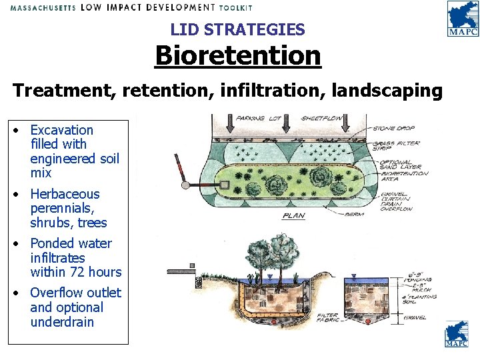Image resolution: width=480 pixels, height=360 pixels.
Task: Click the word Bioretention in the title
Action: [238, 55]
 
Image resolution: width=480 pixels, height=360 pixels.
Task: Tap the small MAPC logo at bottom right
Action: [457, 335]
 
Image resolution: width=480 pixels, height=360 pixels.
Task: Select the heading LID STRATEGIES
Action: [237, 29]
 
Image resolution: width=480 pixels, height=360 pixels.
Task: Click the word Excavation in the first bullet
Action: [62, 130]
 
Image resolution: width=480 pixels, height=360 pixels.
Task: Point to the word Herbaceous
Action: [65, 194]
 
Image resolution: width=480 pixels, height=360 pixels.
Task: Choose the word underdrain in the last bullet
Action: [62, 322]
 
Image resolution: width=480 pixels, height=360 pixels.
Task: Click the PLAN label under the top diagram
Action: [293, 216]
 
